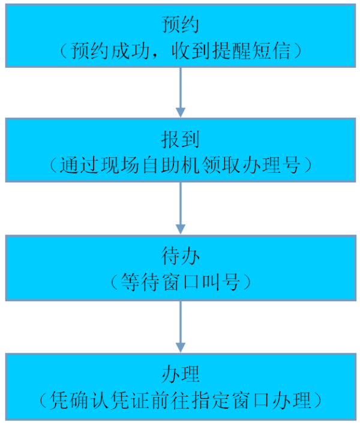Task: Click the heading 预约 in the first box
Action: (x=180, y=25)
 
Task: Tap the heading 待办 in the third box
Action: (x=180, y=256)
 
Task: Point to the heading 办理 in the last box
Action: (x=180, y=374)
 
